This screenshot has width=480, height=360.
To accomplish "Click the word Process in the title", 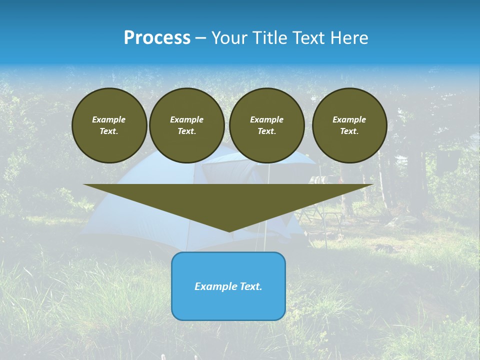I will click(x=157, y=38).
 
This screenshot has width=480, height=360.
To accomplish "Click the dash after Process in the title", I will click(x=201, y=38).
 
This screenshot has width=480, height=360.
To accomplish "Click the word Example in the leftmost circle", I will click(x=109, y=119).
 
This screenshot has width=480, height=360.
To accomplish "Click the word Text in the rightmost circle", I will click(x=349, y=131).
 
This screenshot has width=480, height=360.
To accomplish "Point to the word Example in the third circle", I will click(x=266, y=119).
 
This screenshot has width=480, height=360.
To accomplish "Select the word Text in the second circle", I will click(x=186, y=131).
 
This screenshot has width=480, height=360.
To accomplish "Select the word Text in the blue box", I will click(x=251, y=286).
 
